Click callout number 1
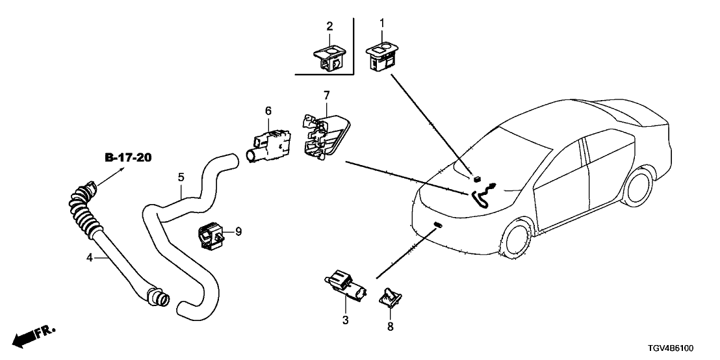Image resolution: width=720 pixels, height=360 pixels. pyautogui.click(x=382, y=23)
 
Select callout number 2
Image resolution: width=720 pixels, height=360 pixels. pyautogui.click(x=329, y=26)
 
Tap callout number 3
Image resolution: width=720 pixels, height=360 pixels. pyautogui.click(x=346, y=320)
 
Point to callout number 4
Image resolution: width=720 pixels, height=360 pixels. pyautogui.click(x=90, y=258)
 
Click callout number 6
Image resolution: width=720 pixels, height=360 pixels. pyautogui.click(x=268, y=112)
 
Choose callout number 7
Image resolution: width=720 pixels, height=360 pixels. pyautogui.click(x=326, y=96)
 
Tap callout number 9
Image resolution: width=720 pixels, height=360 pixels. pyautogui.click(x=238, y=231)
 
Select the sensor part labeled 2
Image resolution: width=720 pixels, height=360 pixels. pyautogui.click(x=329, y=56)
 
